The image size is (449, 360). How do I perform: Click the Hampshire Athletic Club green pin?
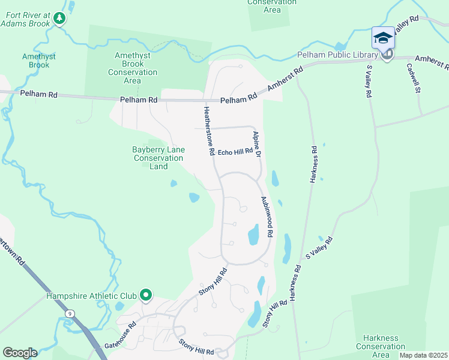click(x=145, y=295)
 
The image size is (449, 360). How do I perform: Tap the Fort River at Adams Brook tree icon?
click(x=59, y=19)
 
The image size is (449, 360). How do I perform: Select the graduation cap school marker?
click(x=383, y=38)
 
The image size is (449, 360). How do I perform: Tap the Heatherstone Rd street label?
click(x=208, y=131)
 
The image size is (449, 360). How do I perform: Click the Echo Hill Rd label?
click(x=235, y=152)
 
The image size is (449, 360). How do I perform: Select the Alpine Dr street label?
click(x=257, y=145)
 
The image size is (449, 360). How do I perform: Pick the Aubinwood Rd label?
click(x=267, y=215)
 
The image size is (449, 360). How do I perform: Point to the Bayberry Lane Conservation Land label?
click(x=158, y=158)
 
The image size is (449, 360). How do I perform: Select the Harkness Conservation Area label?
click(x=381, y=346)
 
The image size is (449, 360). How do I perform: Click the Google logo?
click(x=20, y=353)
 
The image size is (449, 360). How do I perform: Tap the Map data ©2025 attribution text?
click(x=423, y=355)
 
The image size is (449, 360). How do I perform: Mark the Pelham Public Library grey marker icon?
click(x=387, y=55)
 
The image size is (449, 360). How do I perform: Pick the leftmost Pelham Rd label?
click(x=38, y=95)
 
